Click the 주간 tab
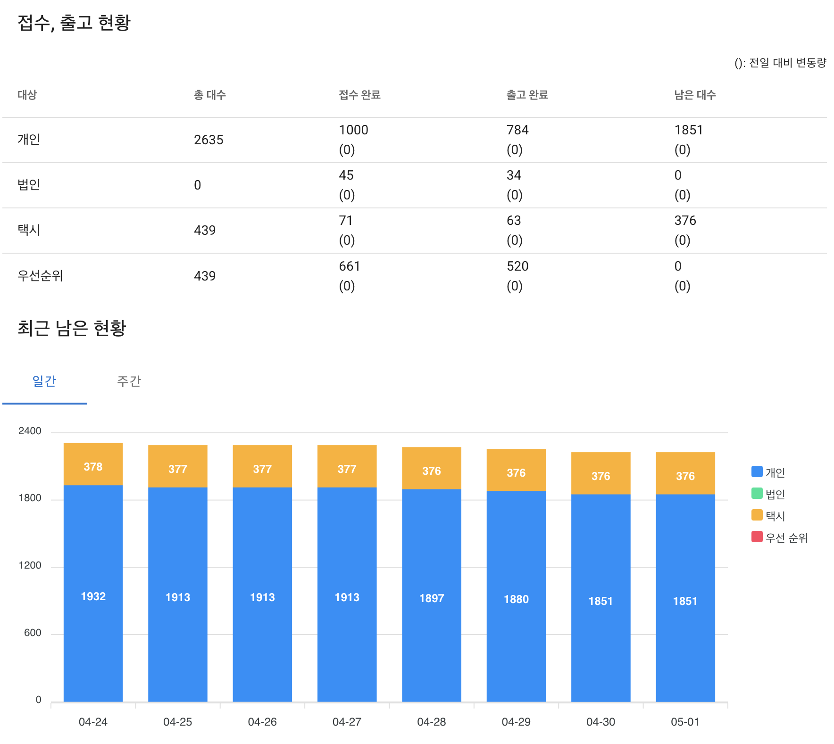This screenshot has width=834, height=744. coord(129,381)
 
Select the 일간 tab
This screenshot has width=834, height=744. coord(44,381)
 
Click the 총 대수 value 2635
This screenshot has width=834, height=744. coord(208,140)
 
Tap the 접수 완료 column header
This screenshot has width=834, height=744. coord(359,95)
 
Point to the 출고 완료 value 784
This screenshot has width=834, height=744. coord(517,130)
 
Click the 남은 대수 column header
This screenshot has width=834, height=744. coord(695,95)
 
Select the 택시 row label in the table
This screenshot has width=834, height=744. coord(29,230)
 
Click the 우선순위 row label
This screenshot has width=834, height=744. coord(40,276)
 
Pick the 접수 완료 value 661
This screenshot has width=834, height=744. coord(350,266)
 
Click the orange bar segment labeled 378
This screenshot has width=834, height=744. coord(93,464)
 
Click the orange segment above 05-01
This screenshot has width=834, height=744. coord(685,473)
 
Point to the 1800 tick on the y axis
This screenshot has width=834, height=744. coord(30,498)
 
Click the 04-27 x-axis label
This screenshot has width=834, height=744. coord(347,722)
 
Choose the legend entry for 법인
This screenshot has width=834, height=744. coord(768,494)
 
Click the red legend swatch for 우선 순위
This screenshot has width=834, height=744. coord(757,537)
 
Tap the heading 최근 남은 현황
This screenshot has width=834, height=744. coord(72,328)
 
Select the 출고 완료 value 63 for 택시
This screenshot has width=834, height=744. coord(514,221)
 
